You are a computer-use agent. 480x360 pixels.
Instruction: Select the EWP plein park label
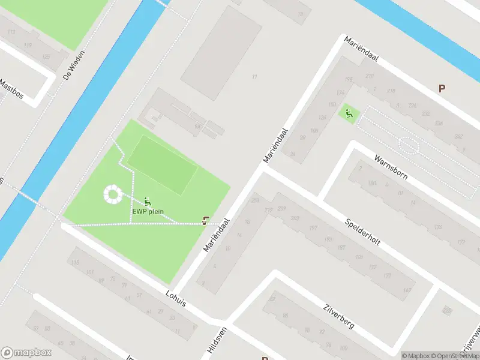[x=148, y=211]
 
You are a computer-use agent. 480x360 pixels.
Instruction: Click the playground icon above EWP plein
[x=148, y=202]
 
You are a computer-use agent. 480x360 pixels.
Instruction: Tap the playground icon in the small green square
[x=348, y=112]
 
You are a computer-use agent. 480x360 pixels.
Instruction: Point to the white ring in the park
[x=112, y=193]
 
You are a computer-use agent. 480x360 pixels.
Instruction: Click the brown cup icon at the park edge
[x=206, y=221]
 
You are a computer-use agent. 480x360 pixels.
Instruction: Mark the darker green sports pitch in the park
[x=162, y=164]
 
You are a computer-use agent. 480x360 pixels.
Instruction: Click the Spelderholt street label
[x=364, y=231]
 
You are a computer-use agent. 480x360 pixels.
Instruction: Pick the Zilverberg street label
[x=338, y=316]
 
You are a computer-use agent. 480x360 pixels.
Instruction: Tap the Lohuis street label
[x=175, y=298]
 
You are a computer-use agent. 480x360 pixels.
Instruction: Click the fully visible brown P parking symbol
[x=442, y=88]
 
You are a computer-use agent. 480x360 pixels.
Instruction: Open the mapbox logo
[x=27, y=352]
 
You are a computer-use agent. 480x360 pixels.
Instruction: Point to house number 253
[x=256, y=200]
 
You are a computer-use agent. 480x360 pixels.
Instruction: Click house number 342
[x=458, y=137]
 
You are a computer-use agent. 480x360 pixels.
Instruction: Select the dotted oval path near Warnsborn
[x=409, y=145]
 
